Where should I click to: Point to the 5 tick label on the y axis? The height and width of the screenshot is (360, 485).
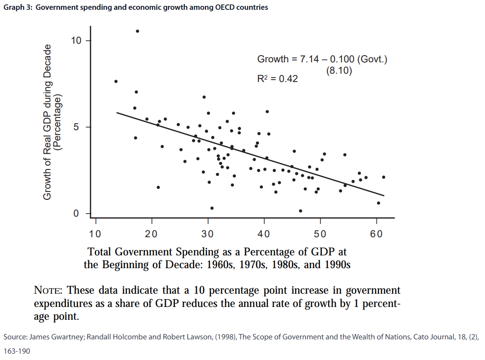tap(75, 127)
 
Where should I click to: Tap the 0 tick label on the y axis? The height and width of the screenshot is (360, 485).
tap(75, 214)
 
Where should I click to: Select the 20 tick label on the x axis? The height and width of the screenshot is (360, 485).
tap(151, 233)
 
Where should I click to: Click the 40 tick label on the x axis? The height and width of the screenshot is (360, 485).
tap(264, 233)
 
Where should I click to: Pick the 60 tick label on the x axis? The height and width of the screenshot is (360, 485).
tap(376, 233)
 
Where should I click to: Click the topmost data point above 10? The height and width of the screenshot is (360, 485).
tap(138, 31)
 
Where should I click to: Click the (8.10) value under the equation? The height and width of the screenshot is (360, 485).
tap(339, 70)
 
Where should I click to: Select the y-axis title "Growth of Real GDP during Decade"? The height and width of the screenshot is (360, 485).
tap(48, 122)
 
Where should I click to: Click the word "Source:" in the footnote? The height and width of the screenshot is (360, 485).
tap(15, 337)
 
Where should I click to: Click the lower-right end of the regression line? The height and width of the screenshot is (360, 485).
tap(384, 196)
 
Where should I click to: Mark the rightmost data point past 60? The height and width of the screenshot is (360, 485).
tap(383, 177)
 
